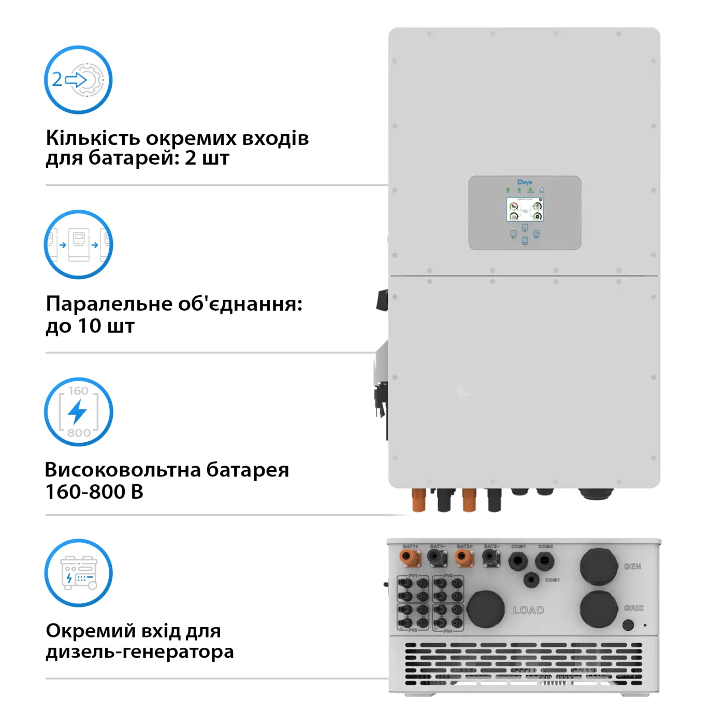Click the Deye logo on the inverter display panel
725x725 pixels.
(525, 182)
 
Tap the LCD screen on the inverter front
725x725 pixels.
(525, 209)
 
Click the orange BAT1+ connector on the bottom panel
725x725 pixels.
(409, 558)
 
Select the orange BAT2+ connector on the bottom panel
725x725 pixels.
(464, 558)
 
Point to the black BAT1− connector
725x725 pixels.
(437, 558)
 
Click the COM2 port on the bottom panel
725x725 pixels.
(544, 560)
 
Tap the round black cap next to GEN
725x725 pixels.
(599, 567)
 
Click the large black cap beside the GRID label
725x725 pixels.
(599, 610)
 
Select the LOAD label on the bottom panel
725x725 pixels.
(528, 611)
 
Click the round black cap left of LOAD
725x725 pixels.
(485, 610)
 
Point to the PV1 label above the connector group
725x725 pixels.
(413, 575)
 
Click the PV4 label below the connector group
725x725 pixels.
(448, 631)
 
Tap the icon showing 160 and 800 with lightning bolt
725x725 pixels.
(78, 412)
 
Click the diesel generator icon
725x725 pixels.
(78, 573)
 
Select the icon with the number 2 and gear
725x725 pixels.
(78, 80)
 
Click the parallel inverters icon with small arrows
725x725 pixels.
(78, 244)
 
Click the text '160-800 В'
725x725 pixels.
(94, 492)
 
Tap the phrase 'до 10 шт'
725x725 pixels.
(90, 326)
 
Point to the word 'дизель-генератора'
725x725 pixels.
(140, 651)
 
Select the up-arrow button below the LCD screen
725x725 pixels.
(525, 228)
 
